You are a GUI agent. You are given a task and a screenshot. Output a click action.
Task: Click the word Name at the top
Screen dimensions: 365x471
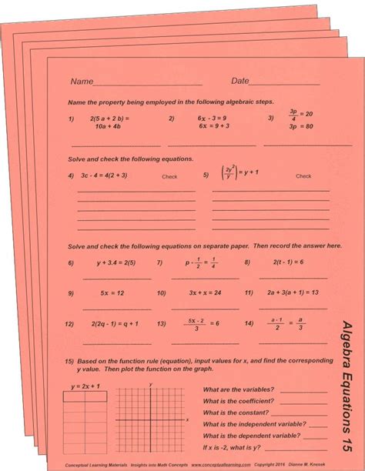click(x=82, y=81)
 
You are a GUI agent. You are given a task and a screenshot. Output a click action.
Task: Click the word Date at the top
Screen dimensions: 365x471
click(x=240, y=81)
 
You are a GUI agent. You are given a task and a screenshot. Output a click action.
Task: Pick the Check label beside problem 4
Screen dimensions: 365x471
click(x=169, y=176)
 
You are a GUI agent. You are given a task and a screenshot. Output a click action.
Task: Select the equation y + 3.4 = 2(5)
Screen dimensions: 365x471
click(x=110, y=263)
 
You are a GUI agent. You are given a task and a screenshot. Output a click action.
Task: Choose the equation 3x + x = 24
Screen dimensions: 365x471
click(x=205, y=293)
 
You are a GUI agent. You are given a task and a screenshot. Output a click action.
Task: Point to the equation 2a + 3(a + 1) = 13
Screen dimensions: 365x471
click(x=296, y=293)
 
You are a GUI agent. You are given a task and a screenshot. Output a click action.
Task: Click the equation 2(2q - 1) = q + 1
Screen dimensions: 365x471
click(x=115, y=324)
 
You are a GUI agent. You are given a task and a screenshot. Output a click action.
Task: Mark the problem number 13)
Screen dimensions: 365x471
click(x=161, y=324)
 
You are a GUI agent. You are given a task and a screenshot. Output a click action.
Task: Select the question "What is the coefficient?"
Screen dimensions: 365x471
click(x=238, y=401)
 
